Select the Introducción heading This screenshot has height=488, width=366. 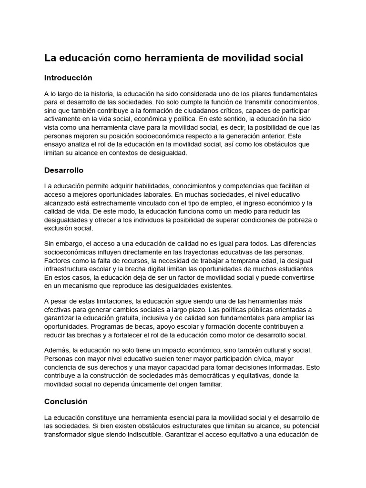(68, 78)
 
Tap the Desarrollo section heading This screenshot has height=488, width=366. (64, 170)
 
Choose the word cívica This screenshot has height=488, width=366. (262, 358)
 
